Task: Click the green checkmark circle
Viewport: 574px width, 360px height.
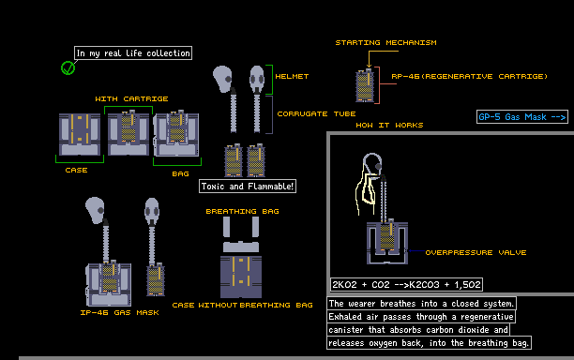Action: tap(68, 67)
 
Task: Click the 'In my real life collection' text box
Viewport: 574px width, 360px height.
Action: tap(133, 53)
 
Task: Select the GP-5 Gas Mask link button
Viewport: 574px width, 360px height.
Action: tap(522, 116)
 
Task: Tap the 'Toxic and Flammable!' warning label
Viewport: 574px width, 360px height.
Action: tap(248, 187)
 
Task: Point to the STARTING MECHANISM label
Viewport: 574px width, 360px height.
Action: tap(385, 42)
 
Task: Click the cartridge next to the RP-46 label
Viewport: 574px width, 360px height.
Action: tap(365, 85)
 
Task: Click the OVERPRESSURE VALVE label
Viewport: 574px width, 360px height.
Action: tap(476, 252)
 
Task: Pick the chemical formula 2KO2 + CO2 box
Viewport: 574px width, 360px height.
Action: tap(406, 285)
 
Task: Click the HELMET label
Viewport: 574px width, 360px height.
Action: tap(292, 76)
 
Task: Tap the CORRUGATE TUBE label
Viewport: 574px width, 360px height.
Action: tap(316, 113)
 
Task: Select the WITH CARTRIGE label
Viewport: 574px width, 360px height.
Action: tap(132, 98)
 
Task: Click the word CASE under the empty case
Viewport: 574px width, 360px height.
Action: tap(76, 170)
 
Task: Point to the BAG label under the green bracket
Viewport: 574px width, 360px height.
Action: tap(180, 173)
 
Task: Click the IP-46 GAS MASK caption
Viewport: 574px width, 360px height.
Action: tap(120, 312)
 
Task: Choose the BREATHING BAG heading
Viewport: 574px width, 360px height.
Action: tap(242, 211)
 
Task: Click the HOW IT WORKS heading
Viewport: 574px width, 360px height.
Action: tap(389, 125)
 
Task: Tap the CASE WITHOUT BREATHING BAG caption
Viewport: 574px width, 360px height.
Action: tap(242, 305)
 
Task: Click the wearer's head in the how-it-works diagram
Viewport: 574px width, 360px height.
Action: tap(372, 163)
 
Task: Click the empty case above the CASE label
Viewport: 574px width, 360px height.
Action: tap(80, 134)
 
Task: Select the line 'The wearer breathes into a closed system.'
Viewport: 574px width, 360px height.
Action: tap(421, 304)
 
